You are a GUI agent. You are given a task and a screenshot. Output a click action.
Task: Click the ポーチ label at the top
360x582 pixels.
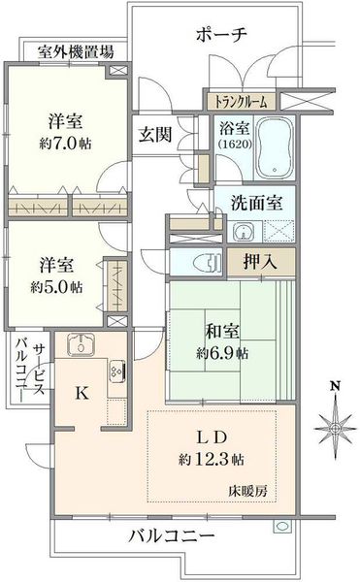point(221,35)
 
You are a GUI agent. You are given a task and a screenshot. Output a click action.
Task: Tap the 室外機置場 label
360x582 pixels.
point(76,52)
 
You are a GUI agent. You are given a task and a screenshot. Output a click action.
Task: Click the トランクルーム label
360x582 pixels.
point(242,101)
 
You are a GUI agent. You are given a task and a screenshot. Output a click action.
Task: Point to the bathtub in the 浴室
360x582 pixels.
point(275,148)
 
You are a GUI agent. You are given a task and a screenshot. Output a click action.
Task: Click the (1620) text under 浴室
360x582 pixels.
point(235,144)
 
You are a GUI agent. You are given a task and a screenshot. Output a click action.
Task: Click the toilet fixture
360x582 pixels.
point(208,263)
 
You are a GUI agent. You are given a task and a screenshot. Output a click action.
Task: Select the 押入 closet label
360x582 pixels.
point(260,262)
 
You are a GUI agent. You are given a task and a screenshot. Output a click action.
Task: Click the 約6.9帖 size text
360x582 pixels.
point(222,353)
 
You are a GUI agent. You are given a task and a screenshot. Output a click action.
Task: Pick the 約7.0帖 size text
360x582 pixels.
point(65,143)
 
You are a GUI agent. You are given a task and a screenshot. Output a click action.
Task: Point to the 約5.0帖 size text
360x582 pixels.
point(56,286)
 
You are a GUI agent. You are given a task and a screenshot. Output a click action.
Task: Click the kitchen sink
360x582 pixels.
point(81,344)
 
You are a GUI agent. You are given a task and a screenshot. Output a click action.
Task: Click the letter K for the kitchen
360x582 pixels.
point(82,394)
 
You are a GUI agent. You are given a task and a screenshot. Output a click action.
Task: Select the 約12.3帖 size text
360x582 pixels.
point(212,460)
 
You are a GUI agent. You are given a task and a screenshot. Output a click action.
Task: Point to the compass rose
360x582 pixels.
point(335,428)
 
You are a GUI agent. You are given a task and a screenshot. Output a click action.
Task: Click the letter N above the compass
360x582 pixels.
point(336,386)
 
